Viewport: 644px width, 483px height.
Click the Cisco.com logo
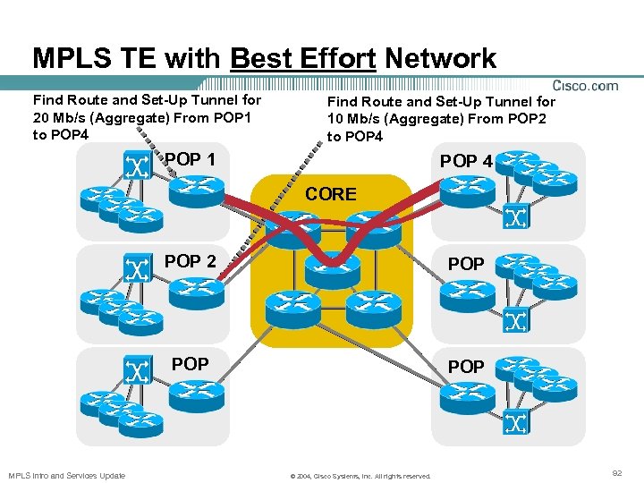(586, 86)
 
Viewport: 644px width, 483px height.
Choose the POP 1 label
(190, 159)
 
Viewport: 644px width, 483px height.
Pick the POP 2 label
(190, 261)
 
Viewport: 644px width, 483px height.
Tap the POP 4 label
(466, 161)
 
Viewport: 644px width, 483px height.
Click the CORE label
(331, 193)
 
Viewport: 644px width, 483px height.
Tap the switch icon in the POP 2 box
(136, 268)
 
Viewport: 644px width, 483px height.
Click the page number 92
(616, 470)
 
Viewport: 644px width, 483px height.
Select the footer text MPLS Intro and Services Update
(67, 475)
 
